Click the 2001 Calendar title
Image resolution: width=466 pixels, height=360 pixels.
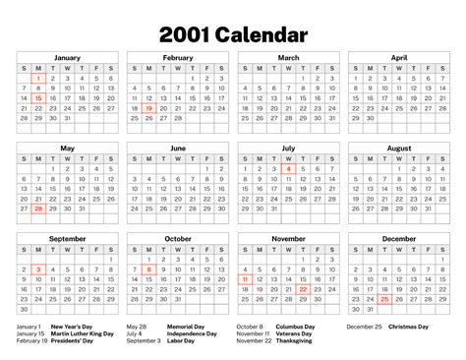pos(233,35)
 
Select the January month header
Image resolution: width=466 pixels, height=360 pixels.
pos(67,58)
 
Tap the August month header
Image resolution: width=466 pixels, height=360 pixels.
pos(399,148)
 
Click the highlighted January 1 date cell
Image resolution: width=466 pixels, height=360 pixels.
pos(37,78)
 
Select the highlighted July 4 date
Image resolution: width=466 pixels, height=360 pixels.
pos(288,168)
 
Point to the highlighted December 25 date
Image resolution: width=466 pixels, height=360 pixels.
pos(384,300)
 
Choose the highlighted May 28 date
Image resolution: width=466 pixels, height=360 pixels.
pos(37,210)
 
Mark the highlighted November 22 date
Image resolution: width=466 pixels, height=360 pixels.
pos(303,289)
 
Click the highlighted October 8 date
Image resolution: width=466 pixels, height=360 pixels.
pos(148,269)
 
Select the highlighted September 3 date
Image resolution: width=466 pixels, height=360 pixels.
pos(37,269)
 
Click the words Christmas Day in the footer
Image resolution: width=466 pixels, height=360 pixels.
pos(409,327)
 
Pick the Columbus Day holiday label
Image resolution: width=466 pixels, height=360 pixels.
pos(294,327)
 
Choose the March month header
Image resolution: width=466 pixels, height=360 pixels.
pos(288,58)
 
